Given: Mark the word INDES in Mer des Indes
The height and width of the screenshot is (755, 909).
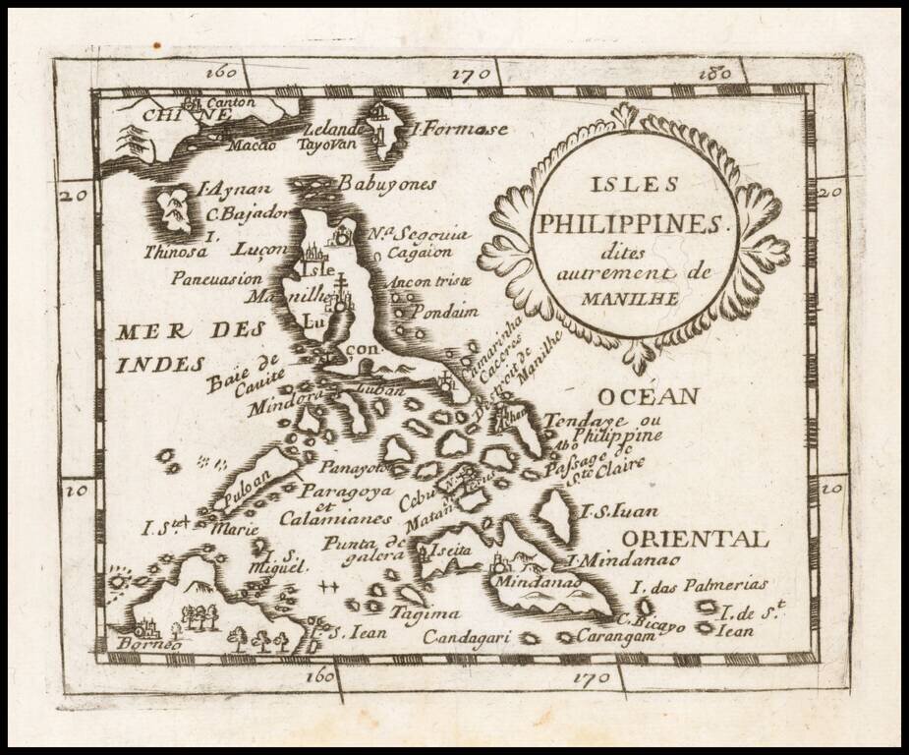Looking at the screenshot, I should click(158, 364).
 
